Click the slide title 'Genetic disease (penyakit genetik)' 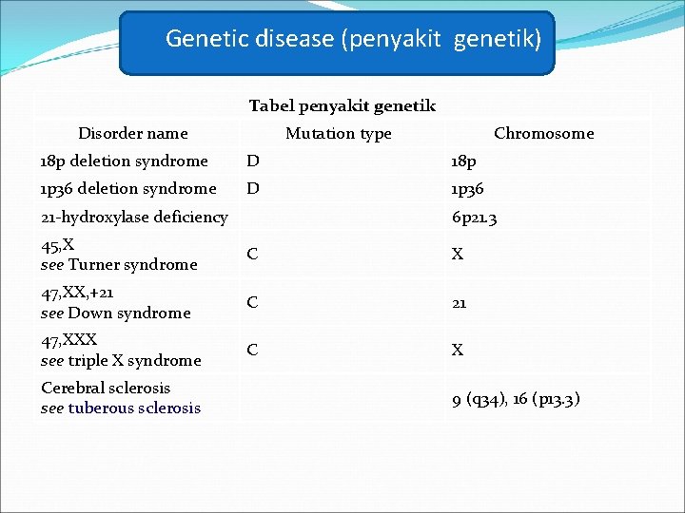(353, 39)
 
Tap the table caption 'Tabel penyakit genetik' (342, 105)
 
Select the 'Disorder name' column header (132, 133)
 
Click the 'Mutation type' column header (338, 133)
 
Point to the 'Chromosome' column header (543, 133)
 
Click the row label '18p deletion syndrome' (124, 161)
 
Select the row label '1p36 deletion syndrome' (128, 188)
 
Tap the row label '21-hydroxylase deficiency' (134, 217)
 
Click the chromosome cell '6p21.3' (475, 218)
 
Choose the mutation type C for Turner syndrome (252, 255)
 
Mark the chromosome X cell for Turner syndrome (458, 255)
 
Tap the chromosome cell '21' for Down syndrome (460, 302)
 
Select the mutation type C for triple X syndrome (252, 350)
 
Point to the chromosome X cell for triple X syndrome (458, 350)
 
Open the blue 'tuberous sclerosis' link (134, 408)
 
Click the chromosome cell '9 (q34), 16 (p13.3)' (516, 399)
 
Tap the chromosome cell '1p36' (467, 188)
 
